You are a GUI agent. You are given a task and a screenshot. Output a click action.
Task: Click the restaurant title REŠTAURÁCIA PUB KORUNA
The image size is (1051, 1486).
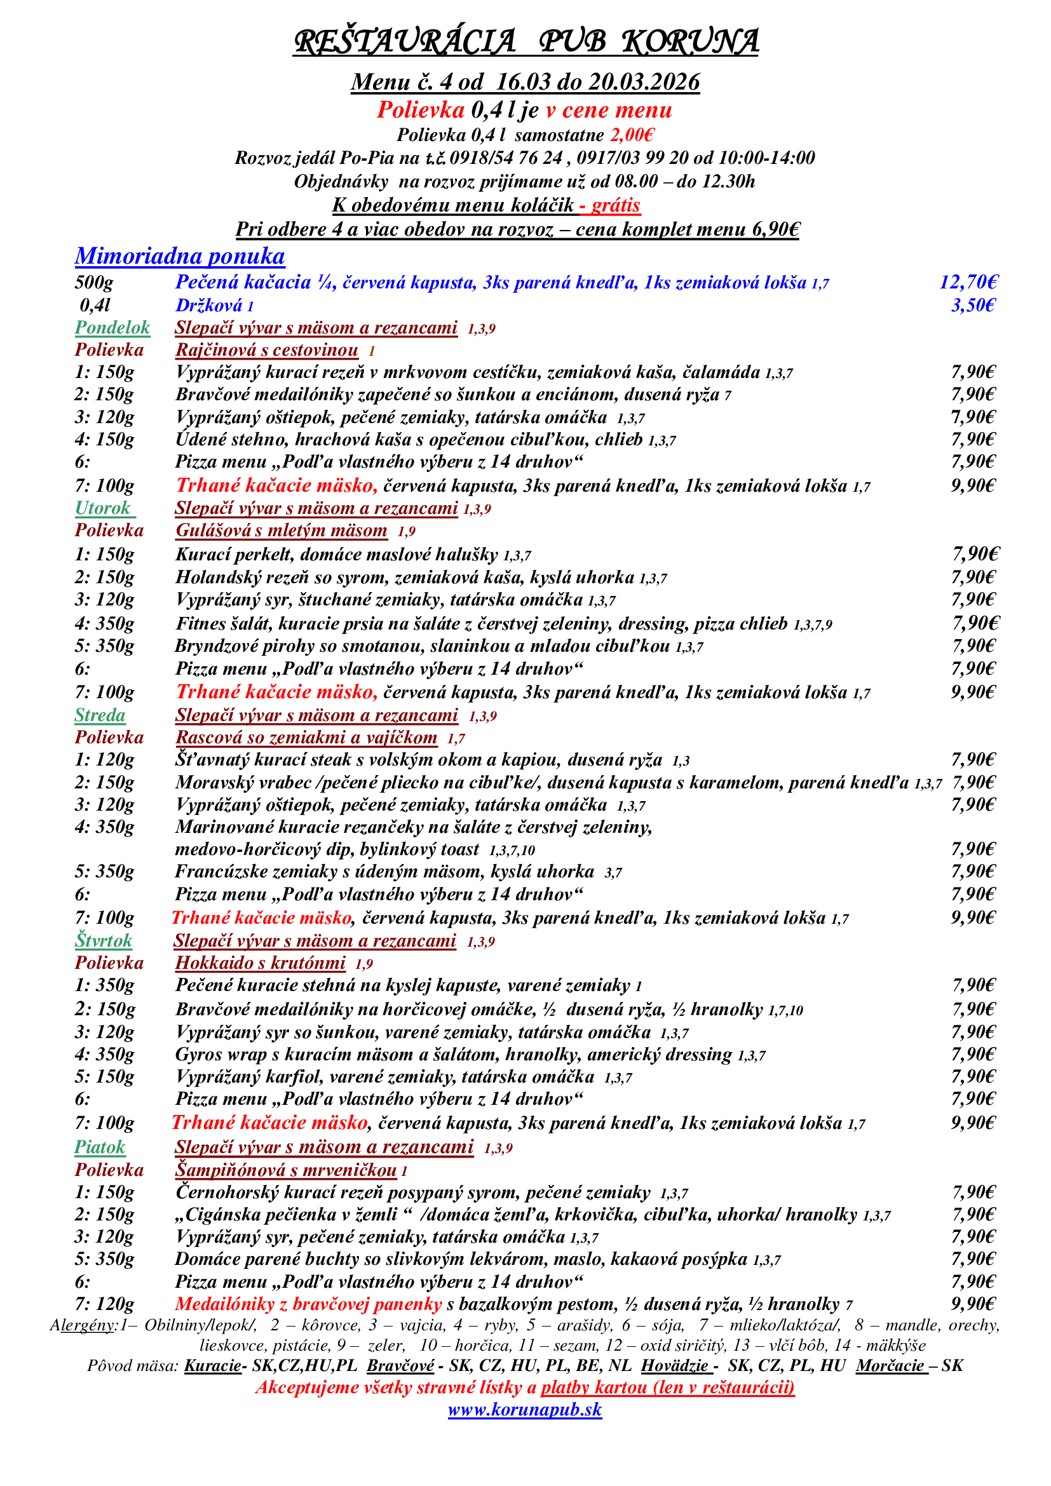[x=525, y=41]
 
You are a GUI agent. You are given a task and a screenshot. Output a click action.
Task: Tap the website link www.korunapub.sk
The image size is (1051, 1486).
[x=525, y=1409]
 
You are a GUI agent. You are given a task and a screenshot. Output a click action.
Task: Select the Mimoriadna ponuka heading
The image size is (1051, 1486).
[x=180, y=256]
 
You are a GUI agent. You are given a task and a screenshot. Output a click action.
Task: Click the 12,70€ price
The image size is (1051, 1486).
[x=968, y=282]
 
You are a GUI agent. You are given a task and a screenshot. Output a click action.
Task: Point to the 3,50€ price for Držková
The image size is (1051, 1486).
[x=972, y=305]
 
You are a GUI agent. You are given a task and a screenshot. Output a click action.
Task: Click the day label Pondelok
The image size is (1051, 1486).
[x=112, y=327]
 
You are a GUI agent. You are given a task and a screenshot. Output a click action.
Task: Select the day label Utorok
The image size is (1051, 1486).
[x=104, y=508]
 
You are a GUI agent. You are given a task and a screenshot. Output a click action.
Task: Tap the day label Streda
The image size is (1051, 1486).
[x=100, y=715]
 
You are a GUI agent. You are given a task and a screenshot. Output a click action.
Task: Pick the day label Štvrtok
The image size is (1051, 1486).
[x=104, y=940]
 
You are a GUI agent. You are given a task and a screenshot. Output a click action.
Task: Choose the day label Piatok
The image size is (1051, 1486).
[x=100, y=1147]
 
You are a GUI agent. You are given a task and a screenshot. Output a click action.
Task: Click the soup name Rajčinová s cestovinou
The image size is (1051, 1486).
[x=267, y=350]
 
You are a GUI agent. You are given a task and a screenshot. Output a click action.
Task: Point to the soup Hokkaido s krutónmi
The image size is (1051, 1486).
[x=260, y=963]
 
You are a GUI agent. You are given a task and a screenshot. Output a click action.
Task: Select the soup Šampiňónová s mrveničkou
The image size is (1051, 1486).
[x=286, y=1170]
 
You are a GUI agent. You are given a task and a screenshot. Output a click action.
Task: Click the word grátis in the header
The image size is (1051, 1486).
[x=616, y=206]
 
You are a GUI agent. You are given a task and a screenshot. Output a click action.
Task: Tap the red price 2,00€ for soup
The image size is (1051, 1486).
[x=632, y=135]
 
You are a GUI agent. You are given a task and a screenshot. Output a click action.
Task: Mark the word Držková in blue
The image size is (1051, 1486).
[x=209, y=306]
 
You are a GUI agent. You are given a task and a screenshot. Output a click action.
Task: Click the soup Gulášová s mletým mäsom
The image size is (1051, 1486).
[x=281, y=530]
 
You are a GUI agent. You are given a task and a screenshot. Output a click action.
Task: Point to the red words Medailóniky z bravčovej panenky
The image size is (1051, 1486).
[x=308, y=1304]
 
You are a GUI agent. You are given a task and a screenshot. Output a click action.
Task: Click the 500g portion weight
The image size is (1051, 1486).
[x=95, y=282]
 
